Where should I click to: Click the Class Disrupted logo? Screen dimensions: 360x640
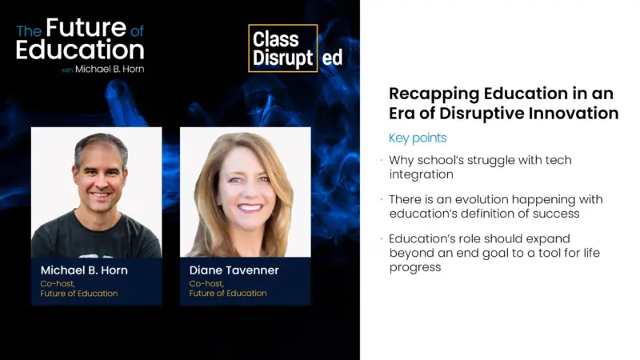[x=284, y=48]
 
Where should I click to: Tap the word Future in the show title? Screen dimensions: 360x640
[x=86, y=28]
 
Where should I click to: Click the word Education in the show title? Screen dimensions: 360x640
[x=80, y=50]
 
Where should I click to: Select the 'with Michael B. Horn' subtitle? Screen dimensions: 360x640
[x=102, y=70]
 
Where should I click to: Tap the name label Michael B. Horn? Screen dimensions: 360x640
[x=84, y=270]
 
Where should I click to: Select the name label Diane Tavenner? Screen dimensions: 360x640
[x=234, y=270]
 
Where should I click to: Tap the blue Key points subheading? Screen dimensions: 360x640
[x=418, y=138]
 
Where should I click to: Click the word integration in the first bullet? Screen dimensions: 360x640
[x=422, y=174]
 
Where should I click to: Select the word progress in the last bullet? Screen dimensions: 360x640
[x=415, y=266]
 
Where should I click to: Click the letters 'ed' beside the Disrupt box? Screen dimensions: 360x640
[x=331, y=58]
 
